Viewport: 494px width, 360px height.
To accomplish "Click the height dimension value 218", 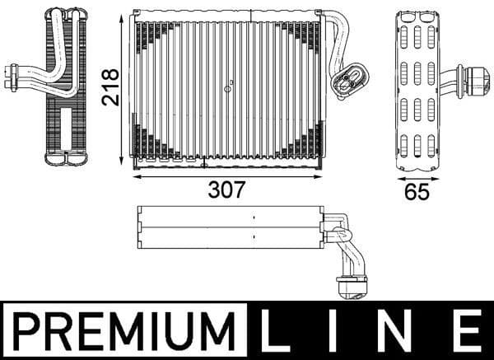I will click(x=112, y=86).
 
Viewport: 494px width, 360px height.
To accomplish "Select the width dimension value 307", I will click(x=226, y=189).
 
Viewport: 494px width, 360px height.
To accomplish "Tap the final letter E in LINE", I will click(x=468, y=330).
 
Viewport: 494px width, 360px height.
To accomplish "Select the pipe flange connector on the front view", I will click(x=348, y=81).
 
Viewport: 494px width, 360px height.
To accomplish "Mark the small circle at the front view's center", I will click(x=231, y=82).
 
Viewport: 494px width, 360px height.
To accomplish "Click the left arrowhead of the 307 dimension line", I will click(x=136, y=174).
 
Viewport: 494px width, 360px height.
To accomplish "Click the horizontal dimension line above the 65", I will click(x=417, y=175).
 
